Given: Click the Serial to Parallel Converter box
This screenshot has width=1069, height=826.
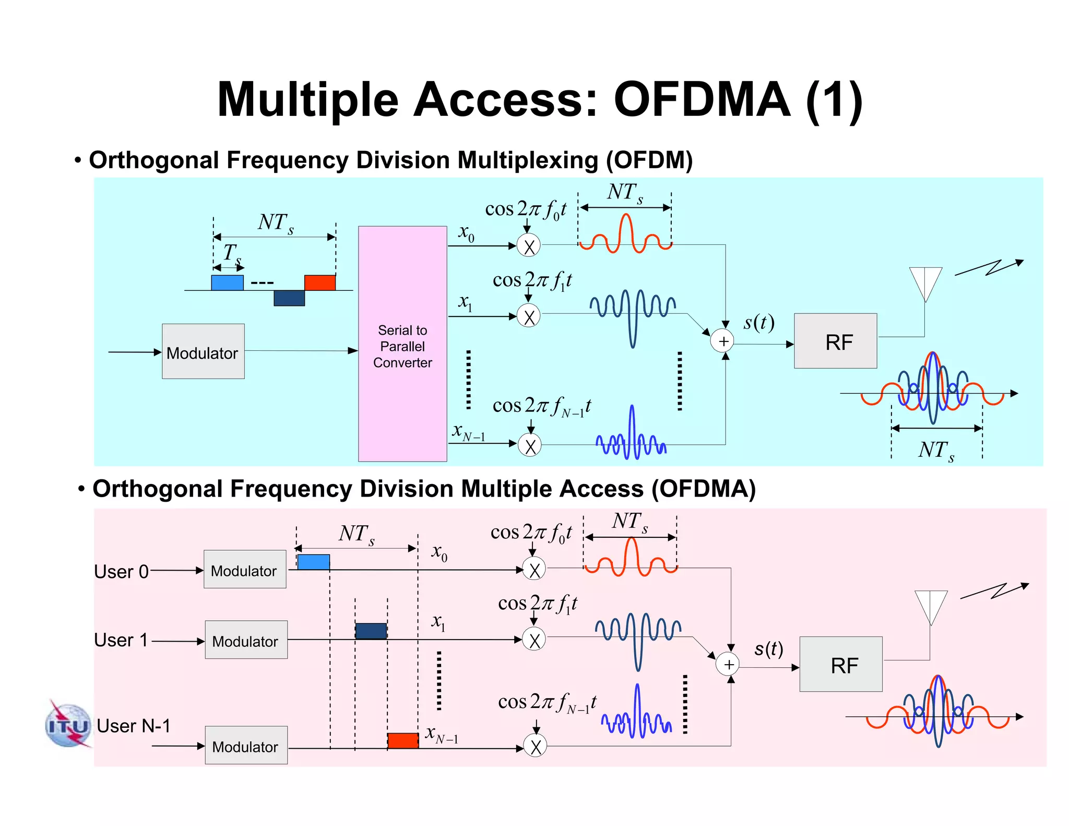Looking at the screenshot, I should [x=402, y=344].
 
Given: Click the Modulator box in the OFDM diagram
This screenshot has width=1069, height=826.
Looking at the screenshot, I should [x=203, y=351].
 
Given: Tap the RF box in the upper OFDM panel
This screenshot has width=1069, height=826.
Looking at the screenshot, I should [x=835, y=341].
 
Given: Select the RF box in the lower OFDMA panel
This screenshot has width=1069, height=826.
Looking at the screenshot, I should [x=841, y=664].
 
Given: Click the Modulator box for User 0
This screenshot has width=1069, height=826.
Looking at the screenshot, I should [x=245, y=569].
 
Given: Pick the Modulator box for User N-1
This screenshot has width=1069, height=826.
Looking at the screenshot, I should [x=246, y=745].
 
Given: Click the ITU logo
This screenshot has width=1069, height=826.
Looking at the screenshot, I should [x=68, y=725].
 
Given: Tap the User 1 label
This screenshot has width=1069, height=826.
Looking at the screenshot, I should [x=121, y=640].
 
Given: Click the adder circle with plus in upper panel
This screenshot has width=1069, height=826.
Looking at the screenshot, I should [x=723, y=341].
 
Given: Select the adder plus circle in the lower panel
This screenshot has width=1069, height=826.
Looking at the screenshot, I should [x=728, y=664].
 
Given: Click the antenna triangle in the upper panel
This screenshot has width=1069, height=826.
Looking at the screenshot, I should [x=925, y=282].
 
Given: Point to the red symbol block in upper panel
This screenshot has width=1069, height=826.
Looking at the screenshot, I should [x=320, y=282].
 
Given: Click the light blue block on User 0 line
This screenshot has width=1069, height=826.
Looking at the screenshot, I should [x=313, y=562].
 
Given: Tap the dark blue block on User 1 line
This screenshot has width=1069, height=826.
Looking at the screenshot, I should [x=371, y=631].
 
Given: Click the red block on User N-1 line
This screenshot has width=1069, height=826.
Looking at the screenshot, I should [x=402, y=740].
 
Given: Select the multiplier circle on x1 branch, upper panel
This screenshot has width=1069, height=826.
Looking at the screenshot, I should [x=529, y=316].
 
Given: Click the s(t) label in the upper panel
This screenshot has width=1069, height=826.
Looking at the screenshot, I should [x=758, y=322].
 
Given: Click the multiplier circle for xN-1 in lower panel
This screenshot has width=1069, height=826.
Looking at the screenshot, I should [x=535, y=746].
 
